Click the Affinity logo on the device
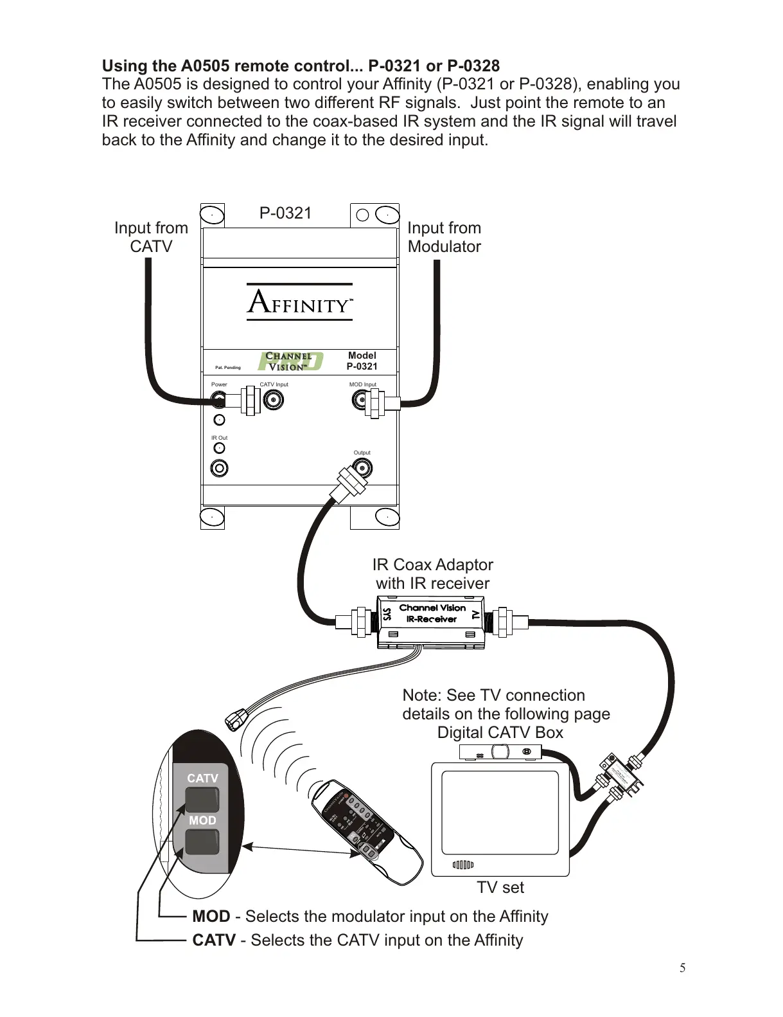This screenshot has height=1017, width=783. [x=300, y=301]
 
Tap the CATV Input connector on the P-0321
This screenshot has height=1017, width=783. [x=274, y=401]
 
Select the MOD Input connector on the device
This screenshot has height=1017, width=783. [x=360, y=401]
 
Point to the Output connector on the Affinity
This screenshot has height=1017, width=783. [x=362, y=467]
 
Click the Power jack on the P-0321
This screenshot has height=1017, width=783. [x=219, y=401]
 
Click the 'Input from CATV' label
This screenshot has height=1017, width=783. [x=151, y=237]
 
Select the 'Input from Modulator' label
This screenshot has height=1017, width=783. [x=444, y=237]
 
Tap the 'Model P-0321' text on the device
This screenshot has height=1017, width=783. [x=362, y=361]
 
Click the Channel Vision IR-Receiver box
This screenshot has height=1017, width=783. [x=432, y=621]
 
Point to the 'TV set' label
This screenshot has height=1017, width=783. [x=500, y=888]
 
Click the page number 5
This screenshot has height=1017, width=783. [x=683, y=968]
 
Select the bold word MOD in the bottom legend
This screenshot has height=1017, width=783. [x=211, y=916]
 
